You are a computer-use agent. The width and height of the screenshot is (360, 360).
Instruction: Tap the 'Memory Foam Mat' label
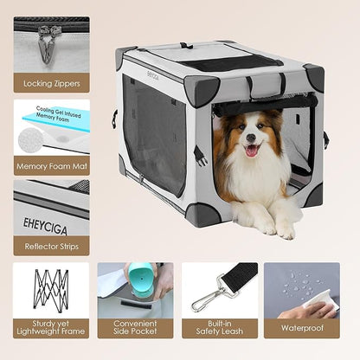click(50, 168)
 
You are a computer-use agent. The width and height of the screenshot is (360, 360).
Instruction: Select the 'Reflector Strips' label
click(50, 245)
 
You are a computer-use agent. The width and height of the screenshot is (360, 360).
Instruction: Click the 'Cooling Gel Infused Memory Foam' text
click(65, 115)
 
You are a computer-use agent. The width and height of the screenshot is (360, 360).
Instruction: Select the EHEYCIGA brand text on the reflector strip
click(44, 209)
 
